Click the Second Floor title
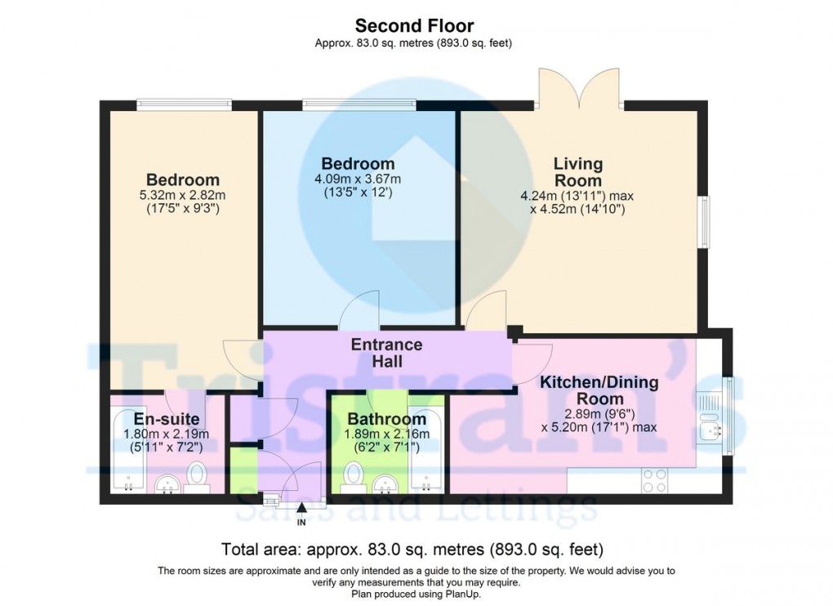[x=414, y=27]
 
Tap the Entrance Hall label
[x=386, y=353]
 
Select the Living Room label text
[x=577, y=172]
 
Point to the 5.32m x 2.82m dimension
[x=183, y=195]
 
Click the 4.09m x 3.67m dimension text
[x=358, y=180]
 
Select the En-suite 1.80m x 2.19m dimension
[x=167, y=434]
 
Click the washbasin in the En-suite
[x=168, y=484]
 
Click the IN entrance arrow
[x=301, y=511]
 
